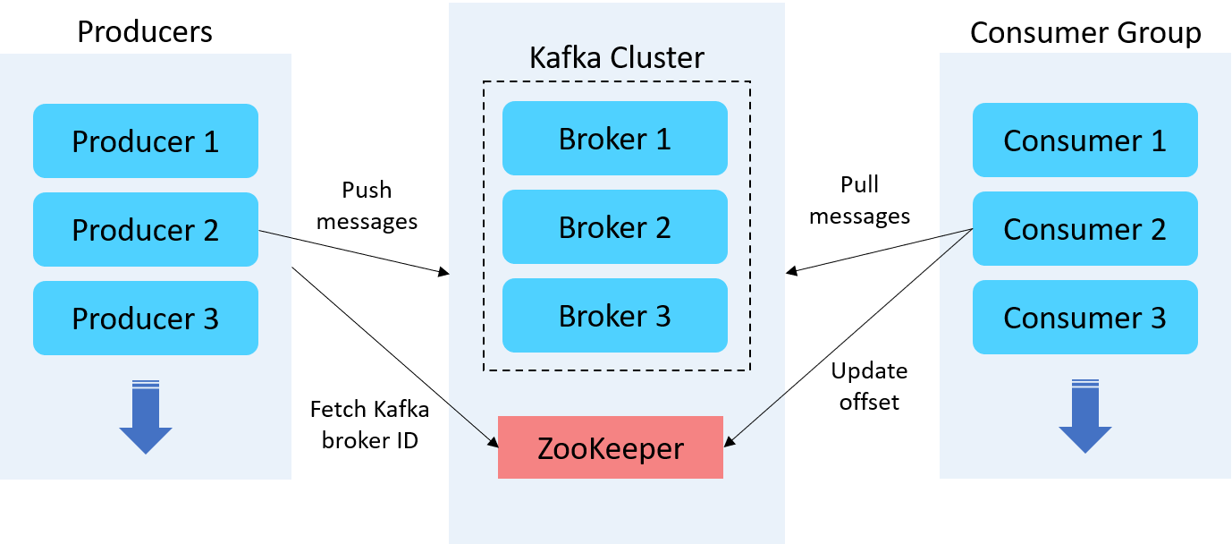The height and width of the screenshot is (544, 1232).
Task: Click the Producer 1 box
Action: click(146, 141)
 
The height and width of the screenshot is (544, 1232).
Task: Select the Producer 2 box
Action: click(146, 230)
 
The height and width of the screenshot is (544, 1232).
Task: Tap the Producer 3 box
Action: click(146, 319)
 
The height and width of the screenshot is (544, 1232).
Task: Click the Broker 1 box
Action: click(615, 139)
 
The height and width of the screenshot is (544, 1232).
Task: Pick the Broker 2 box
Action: click(615, 227)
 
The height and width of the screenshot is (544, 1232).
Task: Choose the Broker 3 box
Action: click(615, 316)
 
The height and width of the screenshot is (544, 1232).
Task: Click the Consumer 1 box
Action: click(1084, 140)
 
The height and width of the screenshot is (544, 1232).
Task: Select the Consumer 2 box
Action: click(1084, 229)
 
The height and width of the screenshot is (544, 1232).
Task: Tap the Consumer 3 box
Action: click(1084, 318)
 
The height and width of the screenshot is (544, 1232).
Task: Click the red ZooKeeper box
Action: click(611, 447)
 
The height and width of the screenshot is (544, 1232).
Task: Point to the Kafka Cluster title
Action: click(617, 58)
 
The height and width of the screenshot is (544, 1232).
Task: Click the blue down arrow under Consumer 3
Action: click(1085, 418)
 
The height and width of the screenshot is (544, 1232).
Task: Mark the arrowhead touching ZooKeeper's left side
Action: click(492, 441)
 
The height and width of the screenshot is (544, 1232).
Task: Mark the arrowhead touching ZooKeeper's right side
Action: click(729, 441)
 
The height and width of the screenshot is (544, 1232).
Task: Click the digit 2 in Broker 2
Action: click(662, 227)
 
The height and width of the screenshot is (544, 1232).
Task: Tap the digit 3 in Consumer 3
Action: click(1158, 318)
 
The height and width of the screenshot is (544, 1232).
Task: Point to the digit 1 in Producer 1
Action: click(211, 141)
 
